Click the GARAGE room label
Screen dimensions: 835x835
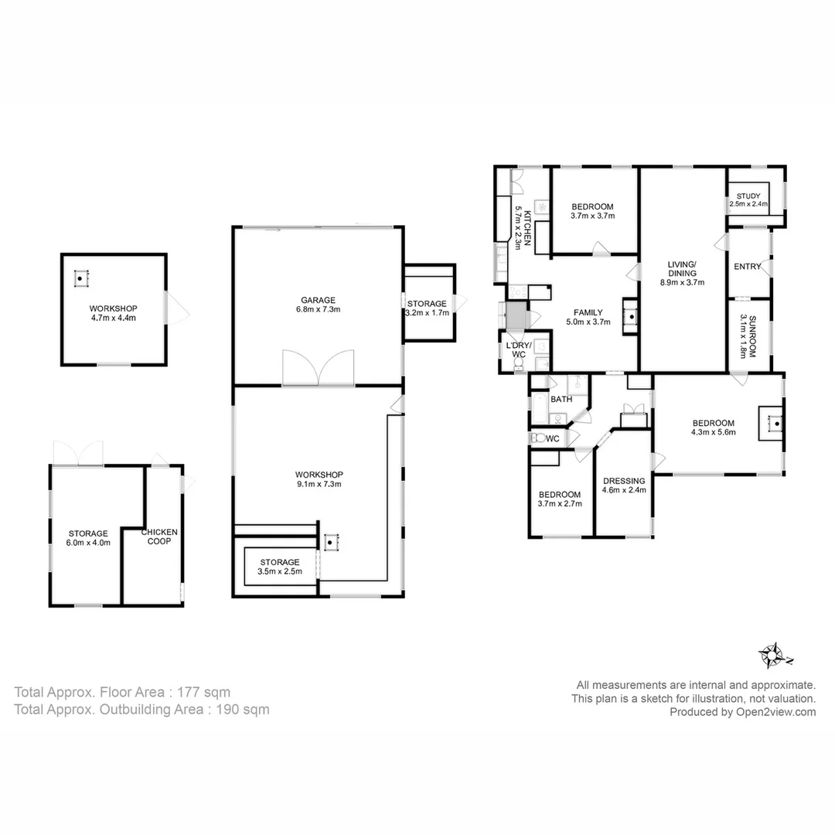click(x=318, y=299)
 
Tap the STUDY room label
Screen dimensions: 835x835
click(x=748, y=196)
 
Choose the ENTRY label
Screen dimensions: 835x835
click(x=747, y=267)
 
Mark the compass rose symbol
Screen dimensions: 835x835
click(x=772, y=656)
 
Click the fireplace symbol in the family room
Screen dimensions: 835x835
click(x=631, y=316)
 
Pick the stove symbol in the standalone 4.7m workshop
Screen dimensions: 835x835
click(x=81, y=278)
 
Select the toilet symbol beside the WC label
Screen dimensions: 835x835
click(x=538, y=438)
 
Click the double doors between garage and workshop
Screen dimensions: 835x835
click(x=319, y=368)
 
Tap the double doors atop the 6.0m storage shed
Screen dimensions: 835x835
click(x=78, y=453)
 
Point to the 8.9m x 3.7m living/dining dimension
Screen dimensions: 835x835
click(x=682, y=283)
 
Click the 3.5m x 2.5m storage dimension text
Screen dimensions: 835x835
click(x=280, y=571)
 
